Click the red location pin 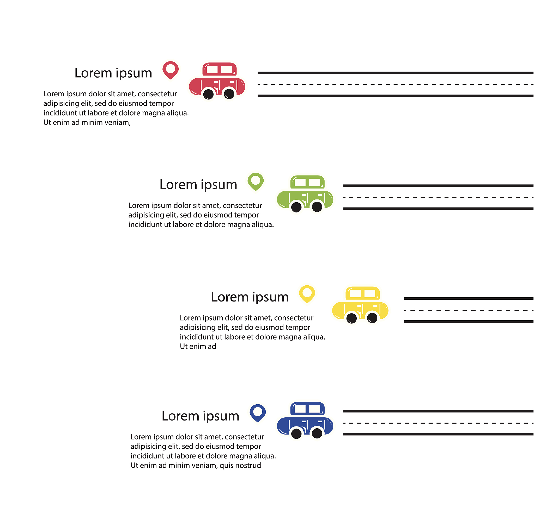(171, 69)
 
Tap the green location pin (256, 181)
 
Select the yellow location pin (307, 293)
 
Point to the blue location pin (258, 412)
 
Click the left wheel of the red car (208, 95)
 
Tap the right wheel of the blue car (317, 434)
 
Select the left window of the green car (300, 183)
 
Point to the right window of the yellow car (370, 293)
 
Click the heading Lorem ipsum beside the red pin (113, 73)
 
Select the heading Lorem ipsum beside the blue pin (201, 416)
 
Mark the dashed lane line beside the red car (395, 85)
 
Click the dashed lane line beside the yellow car (469, 310)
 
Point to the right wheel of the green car (317, 207)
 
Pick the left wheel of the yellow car (351, 318)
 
